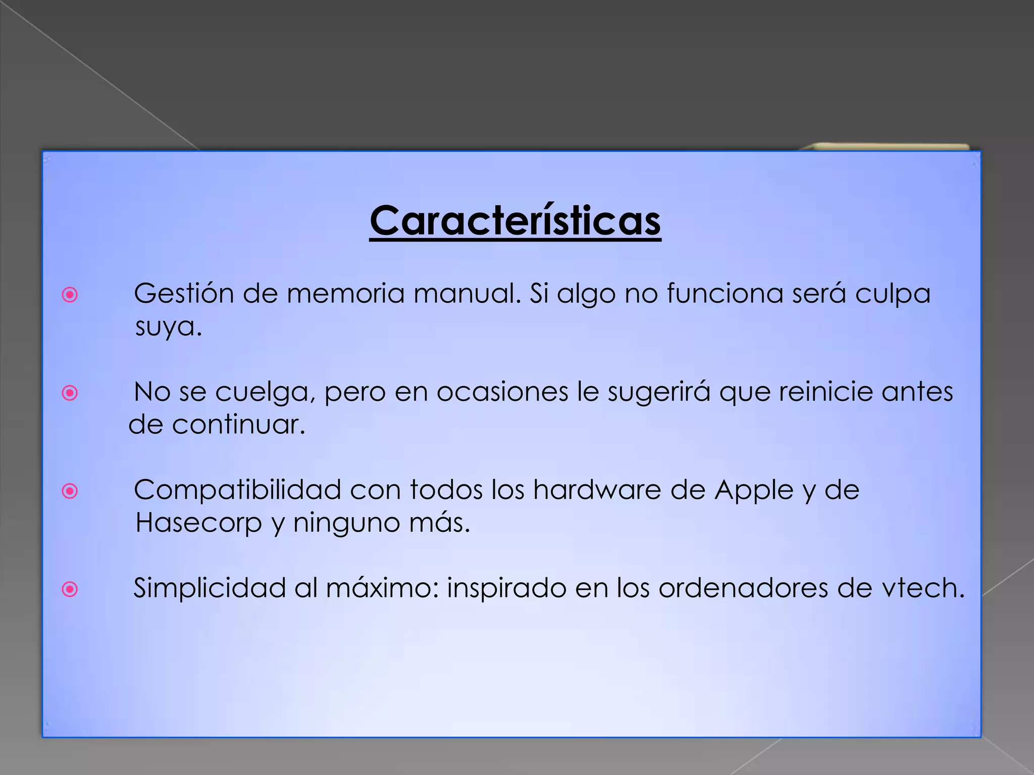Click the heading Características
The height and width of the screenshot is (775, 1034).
pyautogui.click(x=515, y=222)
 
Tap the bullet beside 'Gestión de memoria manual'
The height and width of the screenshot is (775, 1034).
pyautogui.click(x=70, y=295)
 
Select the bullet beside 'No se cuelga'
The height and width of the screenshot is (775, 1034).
pyautogui.click(x=70, y=393)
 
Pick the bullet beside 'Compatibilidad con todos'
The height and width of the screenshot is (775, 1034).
pyautogui.click(x=70, y=491)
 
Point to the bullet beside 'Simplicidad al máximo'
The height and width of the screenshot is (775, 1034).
pyautogui.click(x=70, y=589)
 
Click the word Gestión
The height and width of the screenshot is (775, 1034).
pyautogui.click(x=184, y=294)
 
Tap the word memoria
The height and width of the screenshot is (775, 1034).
pyautogui.click(x=346, y=293)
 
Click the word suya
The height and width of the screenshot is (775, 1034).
pyautogui.click(x=168, y=327)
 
